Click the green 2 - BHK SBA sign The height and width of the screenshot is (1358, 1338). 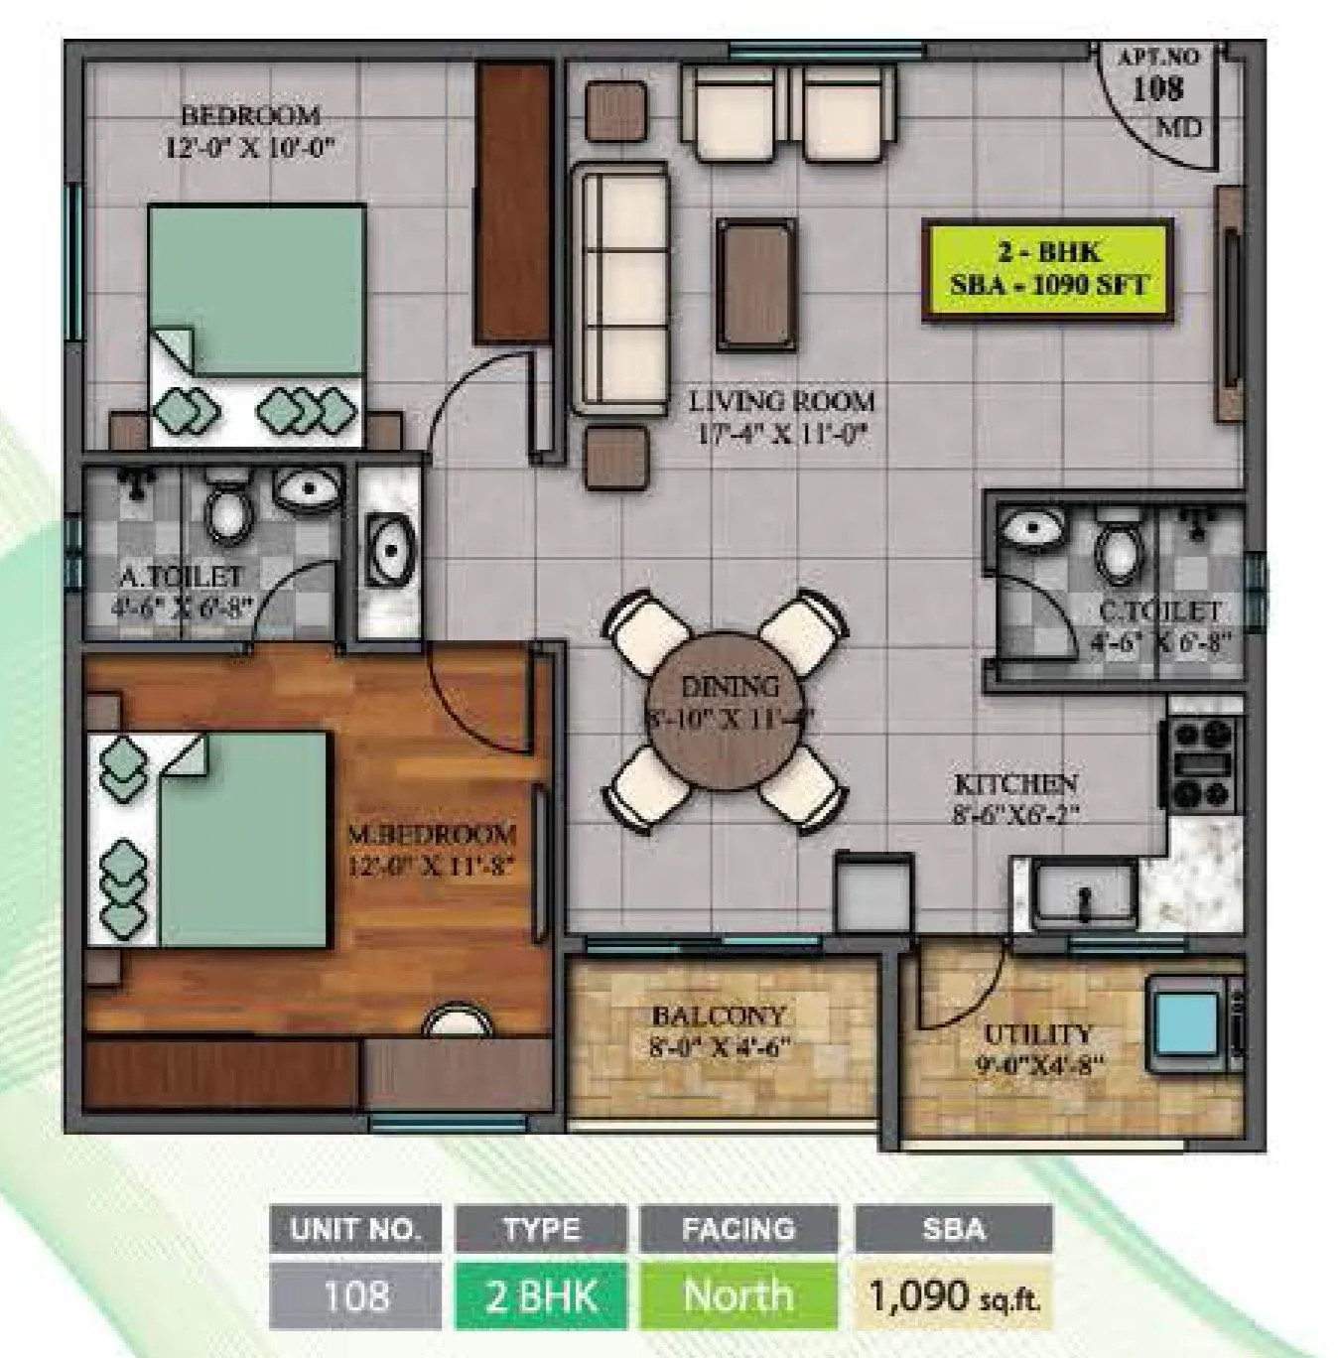[1048, 270]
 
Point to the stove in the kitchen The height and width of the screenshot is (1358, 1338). [1202, 762]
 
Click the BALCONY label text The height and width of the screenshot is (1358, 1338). [719, 1030]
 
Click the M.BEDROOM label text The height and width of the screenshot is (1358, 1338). [431, 849]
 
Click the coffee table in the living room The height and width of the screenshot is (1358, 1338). [755, 285]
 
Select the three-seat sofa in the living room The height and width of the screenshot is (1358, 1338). [622, 290]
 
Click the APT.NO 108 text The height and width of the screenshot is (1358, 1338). [1158, 76]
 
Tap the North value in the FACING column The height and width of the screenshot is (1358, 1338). [738, 1295]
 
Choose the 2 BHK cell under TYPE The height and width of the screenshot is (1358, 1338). [541, 1295]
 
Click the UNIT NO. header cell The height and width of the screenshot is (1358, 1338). [354, 1229]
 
